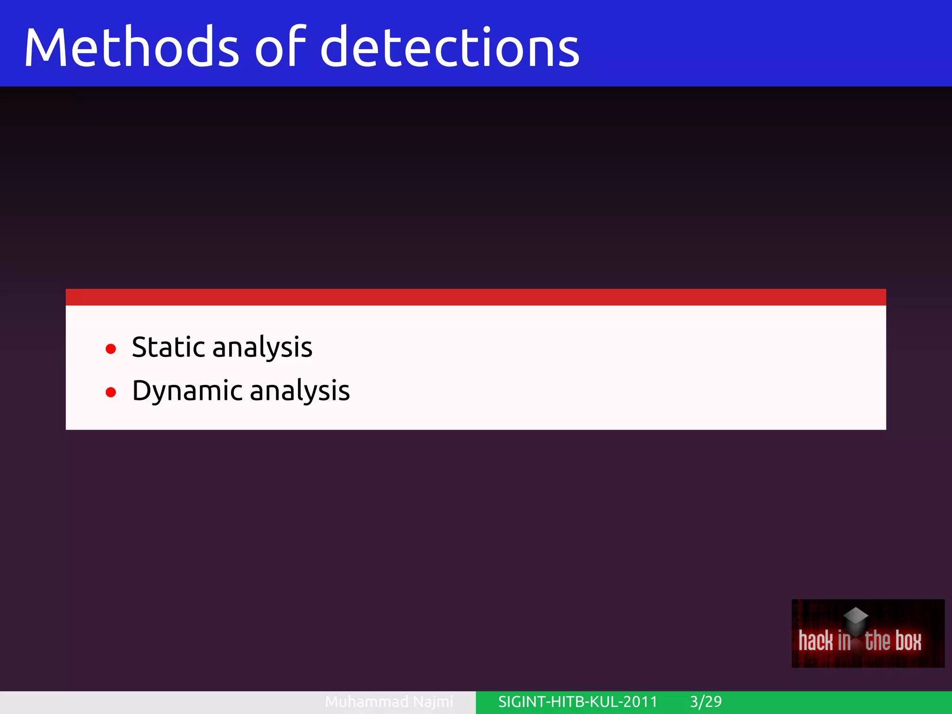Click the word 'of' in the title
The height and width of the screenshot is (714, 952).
coord(280,46)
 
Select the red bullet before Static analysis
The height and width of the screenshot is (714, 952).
coord(111,349)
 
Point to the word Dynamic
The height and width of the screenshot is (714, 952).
coord(187,391)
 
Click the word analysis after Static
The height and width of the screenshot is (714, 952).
coord(262,348)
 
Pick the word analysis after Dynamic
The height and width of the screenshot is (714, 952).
coord(300,391)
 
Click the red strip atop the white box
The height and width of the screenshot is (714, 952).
coord(476,297)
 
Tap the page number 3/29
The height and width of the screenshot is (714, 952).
coord(706,701)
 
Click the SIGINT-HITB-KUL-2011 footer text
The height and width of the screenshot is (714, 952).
coord(578,701)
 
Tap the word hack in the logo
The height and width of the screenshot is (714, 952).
coord(816,641)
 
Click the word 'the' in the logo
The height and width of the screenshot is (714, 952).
coord(878,641)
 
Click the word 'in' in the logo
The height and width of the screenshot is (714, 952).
coord(844,641)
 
